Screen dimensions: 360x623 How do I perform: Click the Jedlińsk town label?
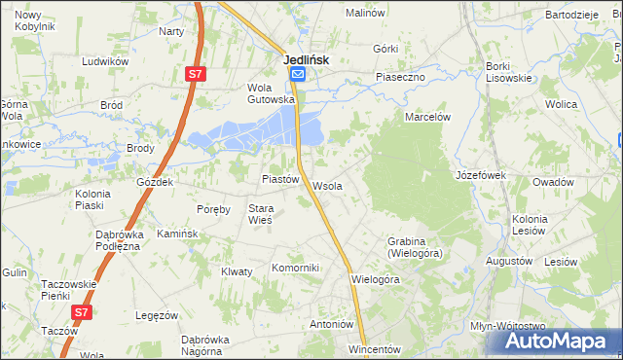306,59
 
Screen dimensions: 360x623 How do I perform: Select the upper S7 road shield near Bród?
196,73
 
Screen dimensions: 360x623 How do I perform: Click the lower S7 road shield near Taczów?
83,311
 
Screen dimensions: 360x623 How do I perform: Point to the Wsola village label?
326,186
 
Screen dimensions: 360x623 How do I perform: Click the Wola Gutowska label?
271,92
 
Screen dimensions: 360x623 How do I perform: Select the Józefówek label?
481,175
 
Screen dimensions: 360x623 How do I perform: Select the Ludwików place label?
106,61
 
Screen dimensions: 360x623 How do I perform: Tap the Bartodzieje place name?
570,16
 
